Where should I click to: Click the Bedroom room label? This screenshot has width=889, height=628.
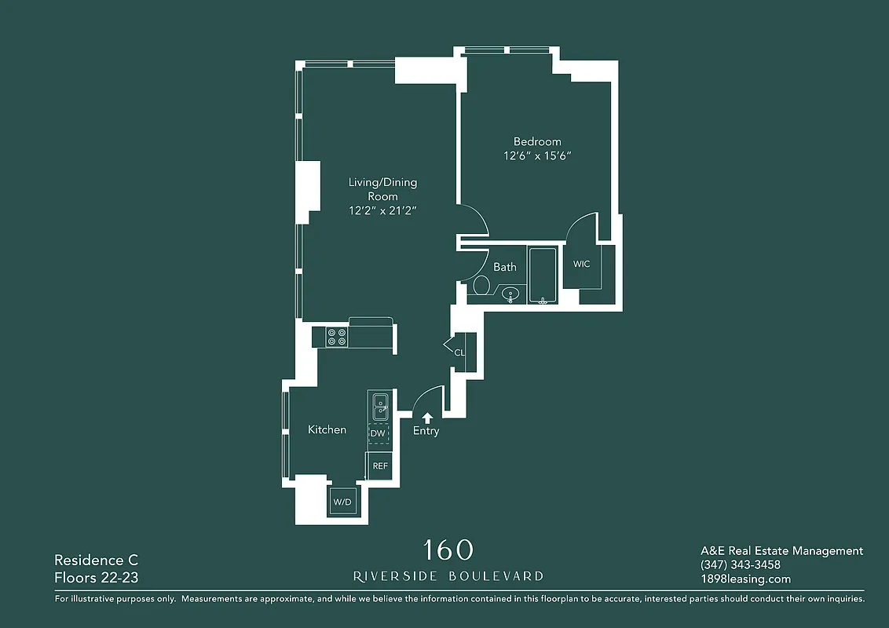point(537,142)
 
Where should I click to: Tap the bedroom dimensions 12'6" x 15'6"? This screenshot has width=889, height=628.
point(537,156)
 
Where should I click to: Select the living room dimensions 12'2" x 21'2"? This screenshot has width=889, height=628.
point(382,210)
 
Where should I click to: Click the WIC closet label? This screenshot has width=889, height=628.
point(581,265)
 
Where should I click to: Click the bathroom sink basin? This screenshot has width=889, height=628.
point(511,295)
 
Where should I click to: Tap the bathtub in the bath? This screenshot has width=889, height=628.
point(543,276)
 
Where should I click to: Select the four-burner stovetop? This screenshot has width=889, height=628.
point(337,337)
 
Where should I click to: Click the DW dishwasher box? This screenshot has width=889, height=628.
point(378,433)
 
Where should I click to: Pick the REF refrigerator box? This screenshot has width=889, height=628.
point(380,466)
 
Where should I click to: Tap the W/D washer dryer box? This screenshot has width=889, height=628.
point(342,502)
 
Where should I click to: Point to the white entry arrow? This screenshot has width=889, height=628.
point(426,418)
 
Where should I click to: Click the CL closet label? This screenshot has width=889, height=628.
point(459,352)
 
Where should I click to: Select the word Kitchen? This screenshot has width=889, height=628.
point(327,430)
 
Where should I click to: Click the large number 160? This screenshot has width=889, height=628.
point(448,550)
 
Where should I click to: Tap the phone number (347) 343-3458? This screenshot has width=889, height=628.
point(740,565)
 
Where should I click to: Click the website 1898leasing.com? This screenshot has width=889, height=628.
point(745,579)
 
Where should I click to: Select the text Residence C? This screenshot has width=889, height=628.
point(96,560)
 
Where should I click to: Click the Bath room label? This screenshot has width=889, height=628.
point(505,267)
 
